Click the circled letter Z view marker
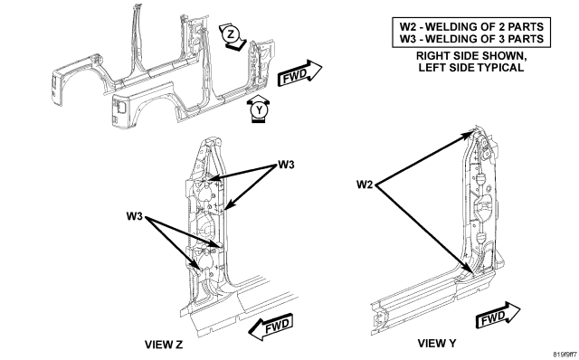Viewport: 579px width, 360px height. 231,34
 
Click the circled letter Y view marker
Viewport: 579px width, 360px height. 260,110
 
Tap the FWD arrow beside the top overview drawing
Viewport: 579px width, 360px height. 299,73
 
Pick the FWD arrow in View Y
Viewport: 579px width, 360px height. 498,315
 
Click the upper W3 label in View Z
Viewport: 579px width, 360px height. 286,165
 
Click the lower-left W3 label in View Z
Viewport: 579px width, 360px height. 135,216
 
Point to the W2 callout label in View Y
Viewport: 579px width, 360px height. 365,185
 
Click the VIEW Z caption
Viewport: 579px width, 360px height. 164,345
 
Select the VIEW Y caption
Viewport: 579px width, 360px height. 437,344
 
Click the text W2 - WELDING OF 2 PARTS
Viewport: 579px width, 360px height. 471,27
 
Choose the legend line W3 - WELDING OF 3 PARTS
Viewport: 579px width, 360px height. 471,39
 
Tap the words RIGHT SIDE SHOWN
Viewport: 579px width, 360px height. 471,56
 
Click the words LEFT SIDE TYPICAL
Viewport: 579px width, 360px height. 471,68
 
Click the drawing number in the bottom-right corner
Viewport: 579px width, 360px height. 565,355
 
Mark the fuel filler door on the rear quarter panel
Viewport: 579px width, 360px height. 120,107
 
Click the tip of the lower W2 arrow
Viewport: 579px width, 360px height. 472,273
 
